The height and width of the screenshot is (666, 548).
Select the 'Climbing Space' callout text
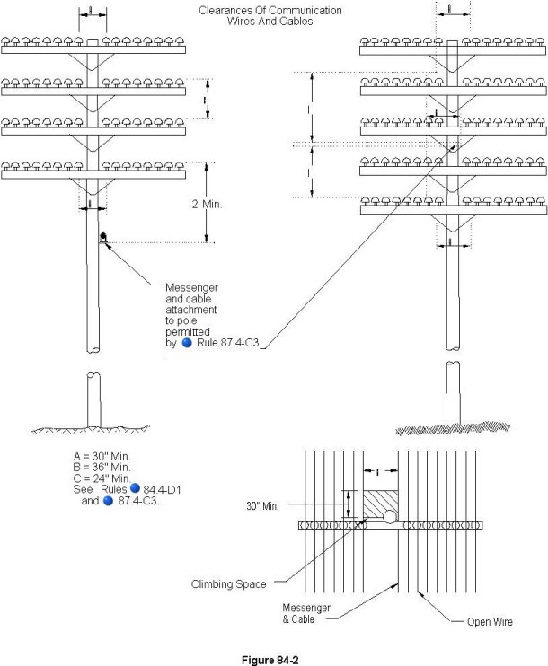[x=228, y=583]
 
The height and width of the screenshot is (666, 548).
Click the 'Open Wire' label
[x=490, y=621]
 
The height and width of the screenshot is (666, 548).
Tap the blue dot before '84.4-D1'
[x=136, y=488]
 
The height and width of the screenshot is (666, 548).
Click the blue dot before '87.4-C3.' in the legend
[x=108, y=501]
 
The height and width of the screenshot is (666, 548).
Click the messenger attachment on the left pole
[x=104, y=239]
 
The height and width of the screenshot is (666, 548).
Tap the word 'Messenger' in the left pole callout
[x=191, y=286]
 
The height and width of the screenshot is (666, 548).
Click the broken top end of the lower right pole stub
[x=452, y=365]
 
